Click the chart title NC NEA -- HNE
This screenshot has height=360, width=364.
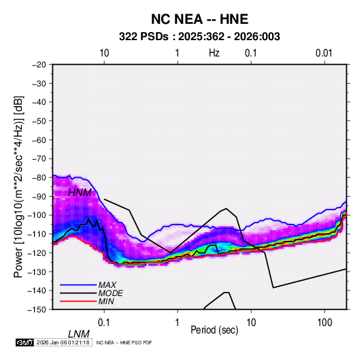pos(199,19)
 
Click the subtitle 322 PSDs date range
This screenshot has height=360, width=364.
pos(199,37)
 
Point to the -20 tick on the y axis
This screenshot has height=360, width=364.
pos(39,65)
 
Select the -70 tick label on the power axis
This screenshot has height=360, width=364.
pos(39,159)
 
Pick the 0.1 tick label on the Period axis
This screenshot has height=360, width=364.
pos(104,323)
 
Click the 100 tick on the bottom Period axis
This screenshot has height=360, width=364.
pos(325,323)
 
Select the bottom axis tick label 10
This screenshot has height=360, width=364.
pos(251,323)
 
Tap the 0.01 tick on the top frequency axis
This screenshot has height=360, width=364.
pos(324,53)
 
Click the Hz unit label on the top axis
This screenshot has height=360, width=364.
pos(214,53)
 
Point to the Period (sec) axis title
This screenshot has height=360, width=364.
pos(214,330)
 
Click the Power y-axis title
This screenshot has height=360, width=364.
pos(18,186)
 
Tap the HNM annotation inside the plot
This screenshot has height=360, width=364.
pos(80,193)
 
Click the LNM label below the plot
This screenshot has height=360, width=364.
pos(79,334)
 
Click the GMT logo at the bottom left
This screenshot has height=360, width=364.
pos(25,342)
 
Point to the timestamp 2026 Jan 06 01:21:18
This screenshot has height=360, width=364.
pos(63,342)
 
